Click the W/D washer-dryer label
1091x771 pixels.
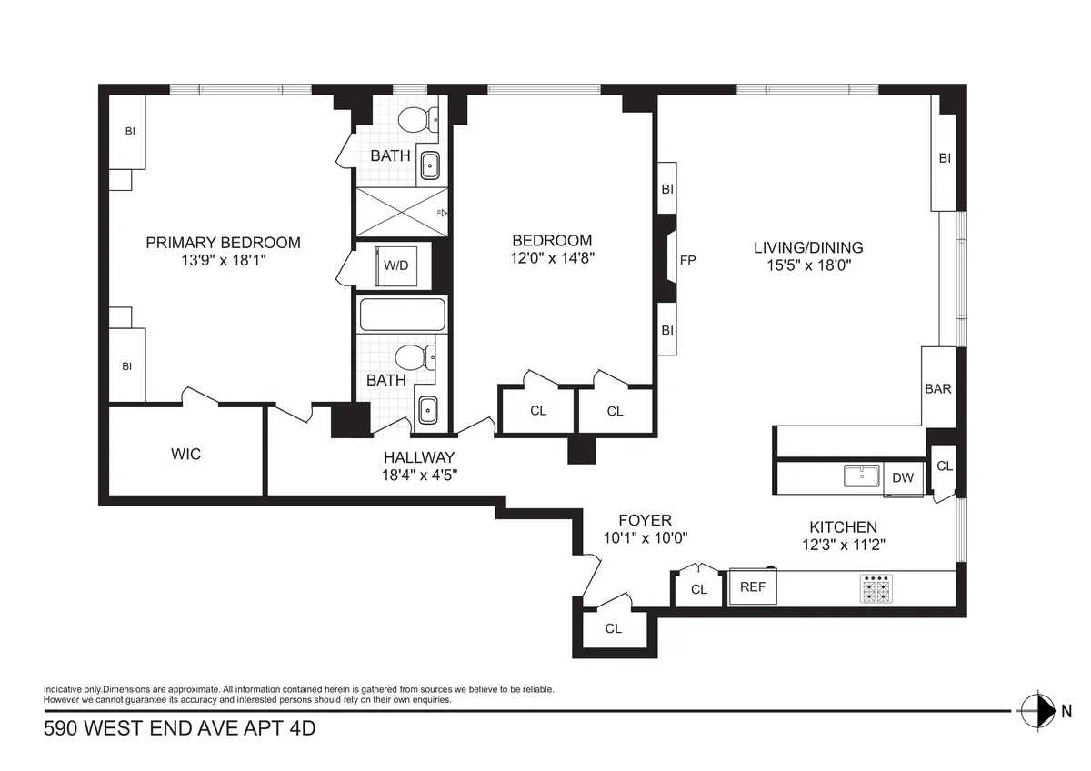tap(395, 266)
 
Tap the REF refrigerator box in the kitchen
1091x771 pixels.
tap(753, 587)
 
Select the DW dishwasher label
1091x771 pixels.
tap(903, 477)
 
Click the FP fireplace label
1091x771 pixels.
tap(688, 261)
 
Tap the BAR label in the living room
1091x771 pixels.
tap(937, 388)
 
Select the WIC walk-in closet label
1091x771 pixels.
tap(185, 453)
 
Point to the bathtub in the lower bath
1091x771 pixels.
tap(402, 315)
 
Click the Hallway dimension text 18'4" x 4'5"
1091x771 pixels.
tap(418, 474)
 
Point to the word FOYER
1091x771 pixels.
tap(645, 520)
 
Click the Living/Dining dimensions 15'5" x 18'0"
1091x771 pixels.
tap(808, 265)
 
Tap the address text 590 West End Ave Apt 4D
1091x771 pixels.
tap(179, 729)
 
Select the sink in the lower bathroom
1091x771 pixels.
tap(426, 410)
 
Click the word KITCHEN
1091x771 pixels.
tap(843, 527)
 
